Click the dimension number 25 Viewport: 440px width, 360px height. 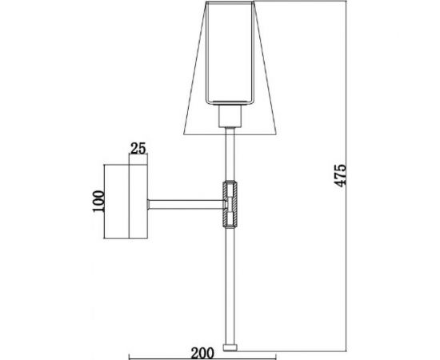138,148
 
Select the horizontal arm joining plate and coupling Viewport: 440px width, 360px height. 185,202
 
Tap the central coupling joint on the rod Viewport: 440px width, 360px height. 230,202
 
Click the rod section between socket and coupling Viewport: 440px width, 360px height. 231,156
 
